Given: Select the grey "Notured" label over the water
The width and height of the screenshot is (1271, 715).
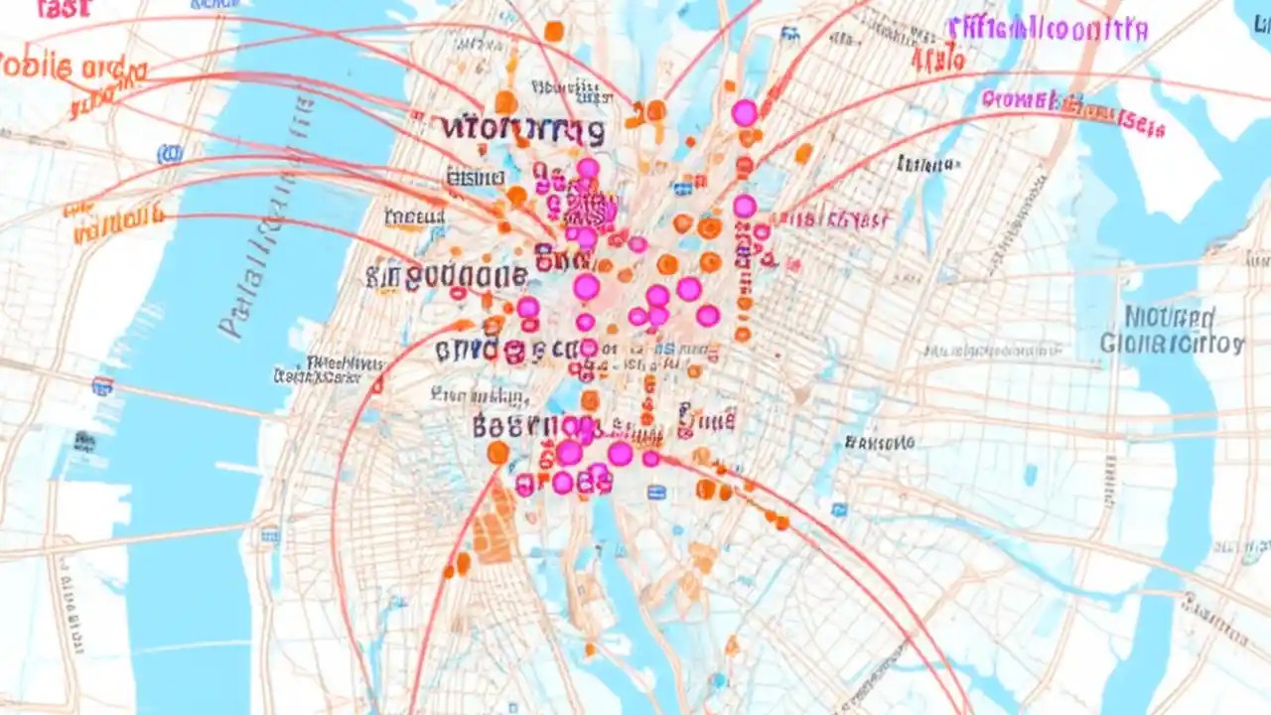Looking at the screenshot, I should (1170, 319).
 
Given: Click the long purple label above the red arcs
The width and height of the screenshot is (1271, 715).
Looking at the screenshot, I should (1047, 29).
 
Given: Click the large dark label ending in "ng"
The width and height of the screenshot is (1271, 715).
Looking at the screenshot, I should (522, 128).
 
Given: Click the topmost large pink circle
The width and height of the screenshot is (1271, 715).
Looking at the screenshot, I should (744, 112).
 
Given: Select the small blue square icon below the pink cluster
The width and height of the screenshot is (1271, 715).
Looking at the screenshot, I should (656, 492).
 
